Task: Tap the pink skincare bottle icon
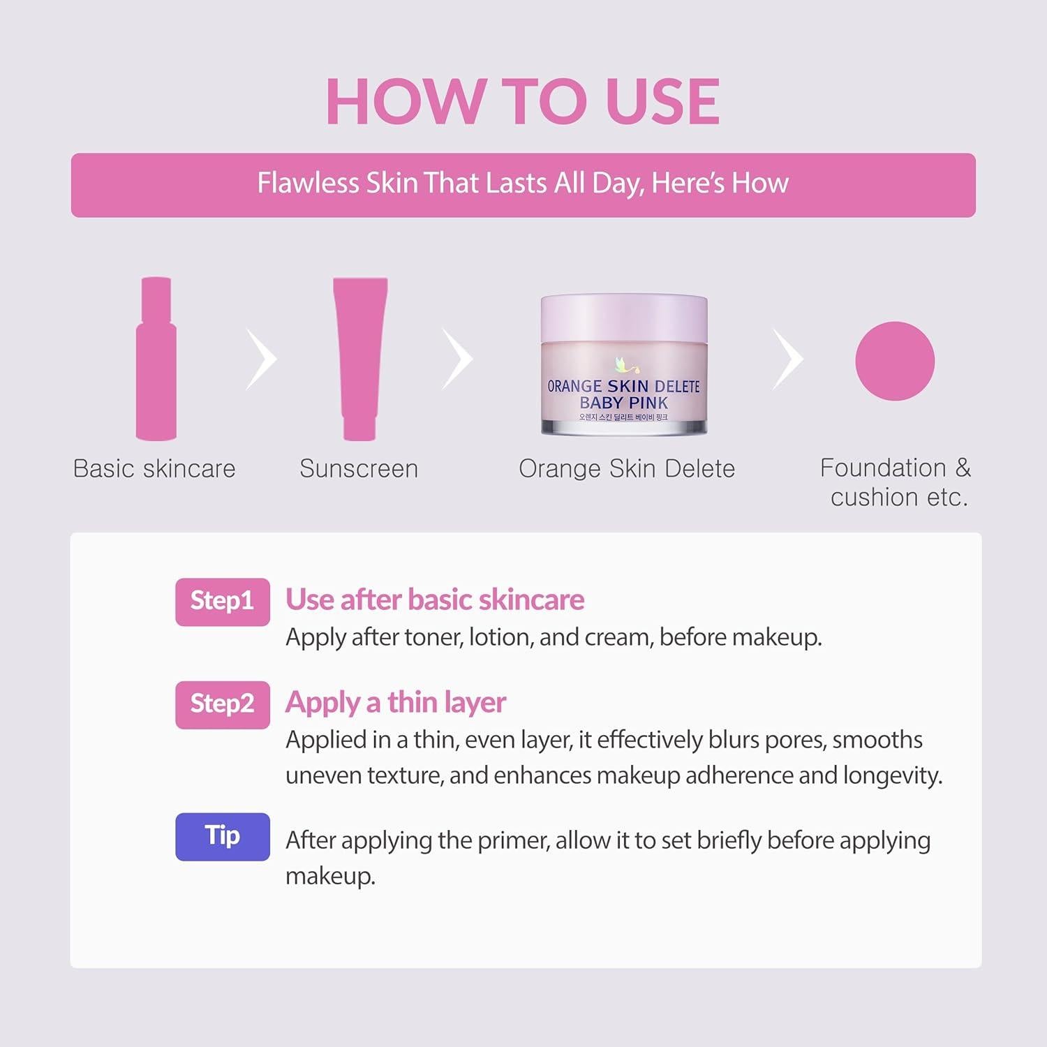[156, 359]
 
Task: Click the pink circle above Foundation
[894, 361]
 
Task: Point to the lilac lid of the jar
[624, 313]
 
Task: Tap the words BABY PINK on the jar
[623, 403]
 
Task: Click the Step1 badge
[222, 602]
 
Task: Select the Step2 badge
[222, 704]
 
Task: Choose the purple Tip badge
[222, 836]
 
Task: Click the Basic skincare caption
[154, 469]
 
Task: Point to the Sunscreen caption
[359, 469]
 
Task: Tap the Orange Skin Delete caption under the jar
[627, 469]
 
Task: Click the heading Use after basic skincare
[435, 600]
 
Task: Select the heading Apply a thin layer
[396, 702]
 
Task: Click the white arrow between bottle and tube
[262, 359]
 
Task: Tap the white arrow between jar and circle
[789, 359]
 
